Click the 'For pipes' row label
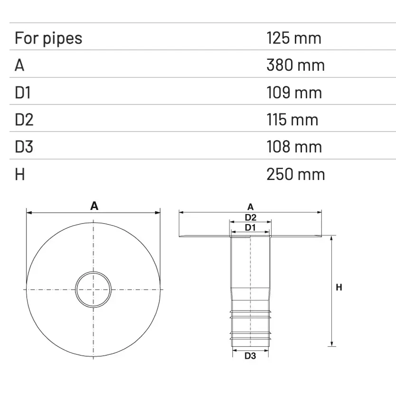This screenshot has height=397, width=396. point(48,38)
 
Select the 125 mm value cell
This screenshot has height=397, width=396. point(294,38)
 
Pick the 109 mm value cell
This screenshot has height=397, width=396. point(294,92)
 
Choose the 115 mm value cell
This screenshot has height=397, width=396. point(292,119)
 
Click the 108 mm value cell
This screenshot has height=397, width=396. point(294,147)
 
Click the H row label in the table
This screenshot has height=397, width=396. point(20,174)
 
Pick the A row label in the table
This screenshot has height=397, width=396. point(19,65)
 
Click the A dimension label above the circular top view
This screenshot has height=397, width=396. point(94,206)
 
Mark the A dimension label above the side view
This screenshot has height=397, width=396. point(250,207)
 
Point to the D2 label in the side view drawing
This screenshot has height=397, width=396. point(250,217)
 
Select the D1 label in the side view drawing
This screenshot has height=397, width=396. point(250,227)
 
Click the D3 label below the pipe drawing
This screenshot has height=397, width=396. point(250,356)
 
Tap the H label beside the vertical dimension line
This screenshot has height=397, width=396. point(339,287)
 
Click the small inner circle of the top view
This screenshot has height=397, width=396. point(94,289)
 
